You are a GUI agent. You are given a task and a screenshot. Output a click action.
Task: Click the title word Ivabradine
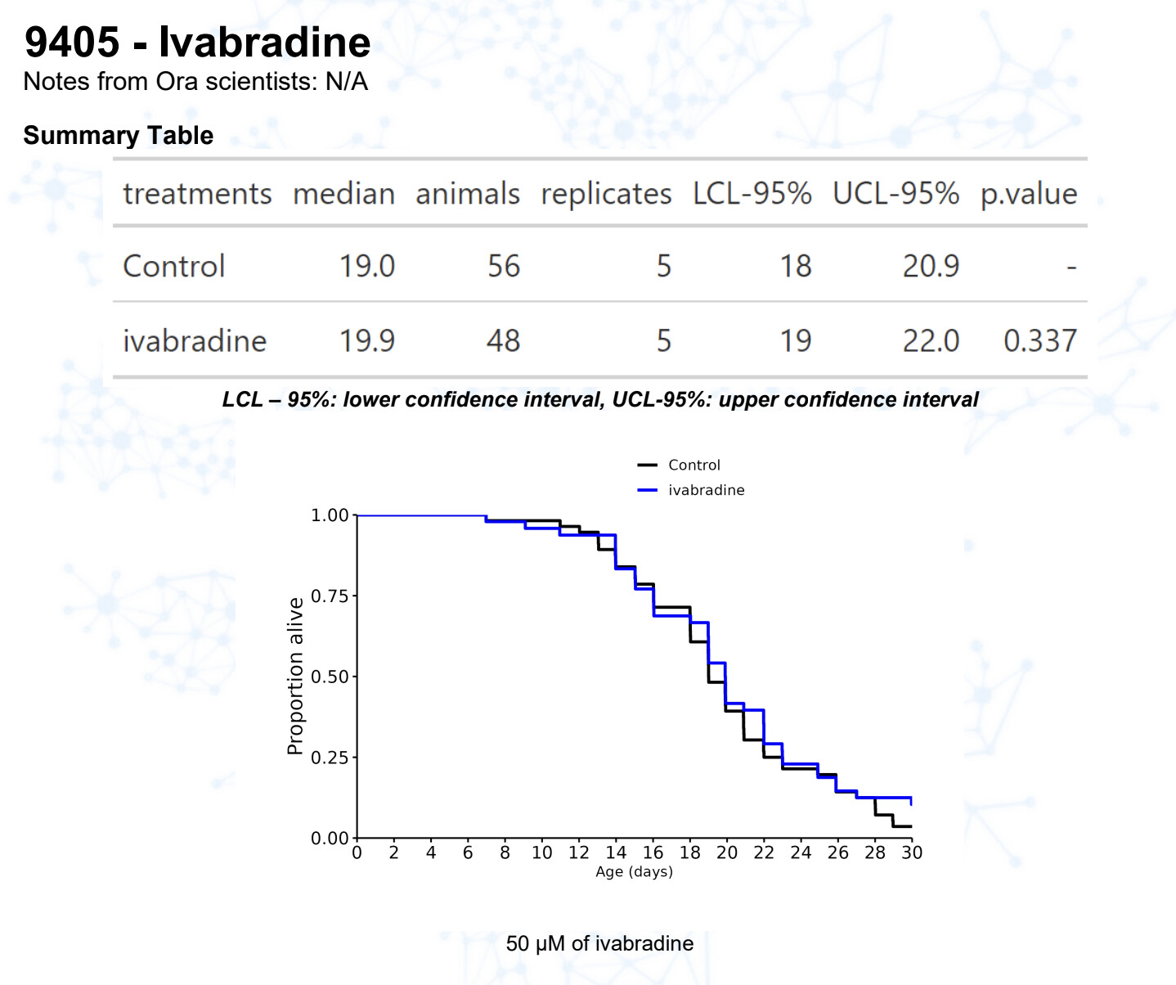264,43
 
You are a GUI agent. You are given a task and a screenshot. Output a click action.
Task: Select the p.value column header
1028,194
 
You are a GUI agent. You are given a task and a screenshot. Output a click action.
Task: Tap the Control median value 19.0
366,266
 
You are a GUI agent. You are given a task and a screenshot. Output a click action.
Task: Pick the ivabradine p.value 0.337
1039,340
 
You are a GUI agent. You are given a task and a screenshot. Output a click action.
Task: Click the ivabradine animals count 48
503,340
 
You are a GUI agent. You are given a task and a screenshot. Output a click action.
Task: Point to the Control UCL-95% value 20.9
930,266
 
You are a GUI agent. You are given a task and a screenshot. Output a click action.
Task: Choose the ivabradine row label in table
195,340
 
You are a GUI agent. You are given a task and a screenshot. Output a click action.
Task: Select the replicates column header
606,194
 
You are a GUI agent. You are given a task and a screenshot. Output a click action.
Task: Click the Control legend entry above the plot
693,465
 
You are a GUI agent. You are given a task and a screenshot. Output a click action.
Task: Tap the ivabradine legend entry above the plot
706,490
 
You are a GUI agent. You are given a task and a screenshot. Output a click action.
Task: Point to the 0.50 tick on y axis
330,677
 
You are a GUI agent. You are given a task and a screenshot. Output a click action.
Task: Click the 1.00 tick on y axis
330,515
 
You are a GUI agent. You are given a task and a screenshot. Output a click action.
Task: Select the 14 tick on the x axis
616,852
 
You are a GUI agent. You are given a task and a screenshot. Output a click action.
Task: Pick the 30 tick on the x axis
912,852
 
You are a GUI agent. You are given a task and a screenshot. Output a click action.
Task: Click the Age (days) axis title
634,872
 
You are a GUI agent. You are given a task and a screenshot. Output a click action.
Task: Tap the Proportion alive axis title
295,676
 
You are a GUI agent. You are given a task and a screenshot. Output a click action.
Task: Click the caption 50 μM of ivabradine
599,943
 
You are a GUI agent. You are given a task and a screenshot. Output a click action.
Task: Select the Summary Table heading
119,135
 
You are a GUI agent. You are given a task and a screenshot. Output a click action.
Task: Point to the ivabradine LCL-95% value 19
795,340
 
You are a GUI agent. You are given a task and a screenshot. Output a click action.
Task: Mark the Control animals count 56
503,266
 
